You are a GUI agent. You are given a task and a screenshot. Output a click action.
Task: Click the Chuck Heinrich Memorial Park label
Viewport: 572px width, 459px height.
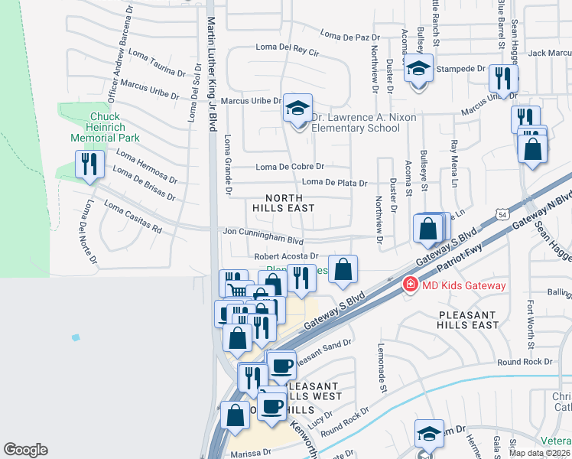click(105, 128)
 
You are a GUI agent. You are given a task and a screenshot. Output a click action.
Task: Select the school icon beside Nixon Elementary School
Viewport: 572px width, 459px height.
click(297, 109)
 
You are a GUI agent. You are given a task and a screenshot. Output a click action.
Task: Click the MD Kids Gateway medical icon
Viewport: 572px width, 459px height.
click(410, 285)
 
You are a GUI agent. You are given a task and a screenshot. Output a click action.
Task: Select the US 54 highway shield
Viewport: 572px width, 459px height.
click(502, 216)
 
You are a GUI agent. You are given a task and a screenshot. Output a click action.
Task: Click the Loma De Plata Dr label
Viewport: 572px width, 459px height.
click(334, 182)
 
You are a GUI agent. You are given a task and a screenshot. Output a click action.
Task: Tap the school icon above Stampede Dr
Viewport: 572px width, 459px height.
click(418, 70)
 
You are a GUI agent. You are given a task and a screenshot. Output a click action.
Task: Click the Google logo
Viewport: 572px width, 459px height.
click(25, 449)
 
